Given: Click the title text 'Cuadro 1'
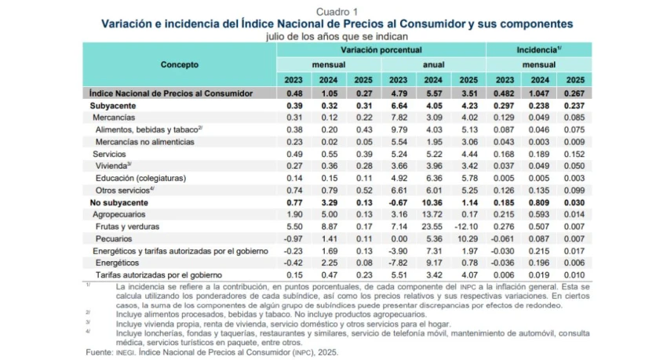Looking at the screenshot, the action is coord(337,12).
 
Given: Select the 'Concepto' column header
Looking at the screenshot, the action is coord(180,64).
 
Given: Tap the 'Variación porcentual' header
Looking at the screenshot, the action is coord(381,49).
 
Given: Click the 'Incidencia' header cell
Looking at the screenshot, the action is coord(539,49).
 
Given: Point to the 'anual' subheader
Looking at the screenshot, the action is coord(433,64).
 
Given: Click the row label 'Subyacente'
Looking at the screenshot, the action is coord(113,106).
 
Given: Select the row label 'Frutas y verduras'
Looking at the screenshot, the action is coord(127,227).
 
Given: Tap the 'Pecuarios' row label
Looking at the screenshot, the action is coord(114,239).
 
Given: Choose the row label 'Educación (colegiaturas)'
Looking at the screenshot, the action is coord(140,178).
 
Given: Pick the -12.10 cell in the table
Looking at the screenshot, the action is coord(466,227).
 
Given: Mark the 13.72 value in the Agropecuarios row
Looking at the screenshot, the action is coord(432,215).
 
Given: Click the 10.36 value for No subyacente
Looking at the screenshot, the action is coord(432,202).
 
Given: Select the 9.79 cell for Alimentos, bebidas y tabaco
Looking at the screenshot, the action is coord(399,129).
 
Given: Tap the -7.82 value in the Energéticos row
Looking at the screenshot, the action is coord(397,263).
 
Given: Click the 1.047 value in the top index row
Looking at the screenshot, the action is coord(538,93).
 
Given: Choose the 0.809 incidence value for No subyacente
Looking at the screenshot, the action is coord(538,202).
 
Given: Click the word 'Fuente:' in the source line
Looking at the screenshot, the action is coord(100,352).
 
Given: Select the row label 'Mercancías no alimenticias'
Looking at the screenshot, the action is coord(144,142).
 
